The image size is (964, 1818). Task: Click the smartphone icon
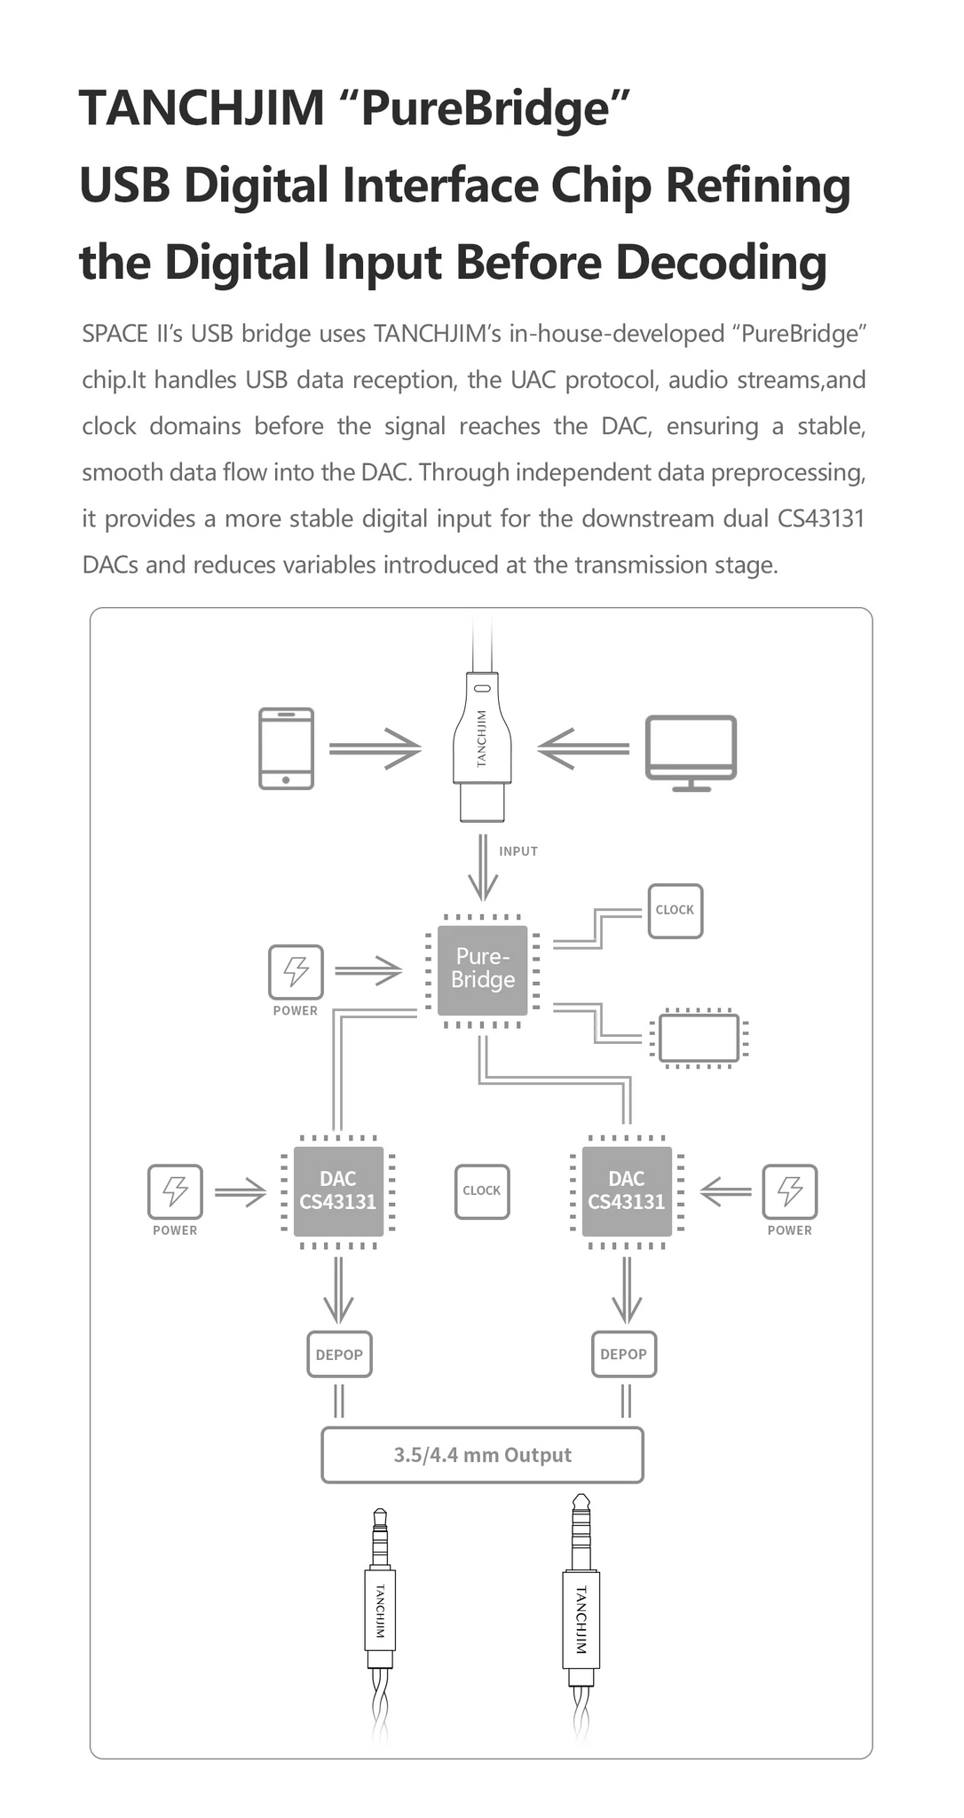point(286,748)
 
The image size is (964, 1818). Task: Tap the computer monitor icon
point(691,753)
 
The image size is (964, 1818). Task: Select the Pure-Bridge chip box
point(483,970)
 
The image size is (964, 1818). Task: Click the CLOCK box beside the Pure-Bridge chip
point(676,911)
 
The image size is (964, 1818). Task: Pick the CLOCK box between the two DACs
point(482,1191)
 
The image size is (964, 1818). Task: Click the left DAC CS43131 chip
point(338,1191)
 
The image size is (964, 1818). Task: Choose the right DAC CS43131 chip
point(627,1191)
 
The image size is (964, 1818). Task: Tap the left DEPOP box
point(339,1355)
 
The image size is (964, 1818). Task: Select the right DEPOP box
point(624,1355)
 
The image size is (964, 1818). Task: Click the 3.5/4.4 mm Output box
point(482,1455)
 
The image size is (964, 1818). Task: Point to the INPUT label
point(518,851)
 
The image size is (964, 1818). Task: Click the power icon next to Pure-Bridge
point(296,971)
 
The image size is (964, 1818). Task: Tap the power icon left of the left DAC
point(175,1191)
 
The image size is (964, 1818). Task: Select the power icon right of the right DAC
point(790,1191)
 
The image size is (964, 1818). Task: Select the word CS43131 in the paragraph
point(821,518)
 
